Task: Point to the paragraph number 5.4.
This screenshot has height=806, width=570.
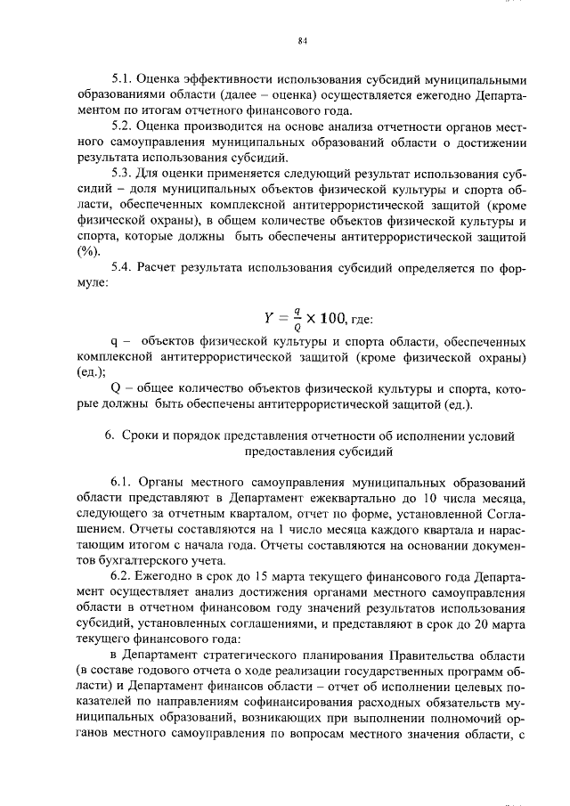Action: tap(121, 270)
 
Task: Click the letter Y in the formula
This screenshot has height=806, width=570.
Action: tap(268, 318)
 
